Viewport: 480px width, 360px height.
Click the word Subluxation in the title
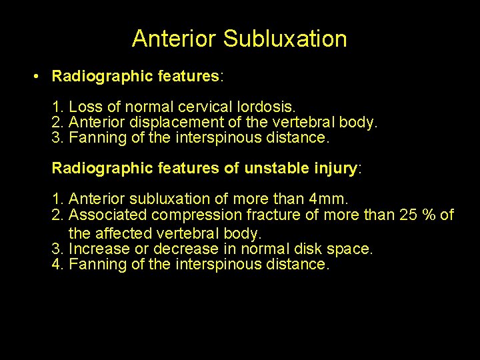[285, 39]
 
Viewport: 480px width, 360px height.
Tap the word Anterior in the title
[175, 39]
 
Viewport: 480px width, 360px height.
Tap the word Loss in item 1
[83, 107]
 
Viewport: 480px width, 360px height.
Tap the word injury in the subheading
[333, 168]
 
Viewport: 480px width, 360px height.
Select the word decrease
[186, 249]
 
